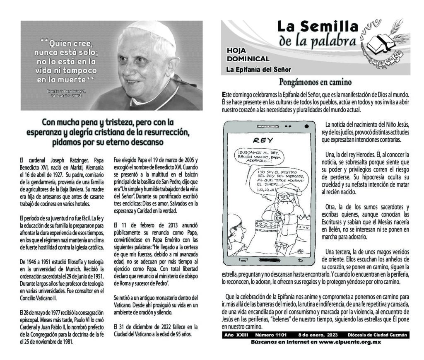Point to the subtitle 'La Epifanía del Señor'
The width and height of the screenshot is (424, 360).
click(258, 69)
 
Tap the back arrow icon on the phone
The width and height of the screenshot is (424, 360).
click(301, 260)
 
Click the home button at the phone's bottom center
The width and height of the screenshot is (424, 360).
click(270, 260)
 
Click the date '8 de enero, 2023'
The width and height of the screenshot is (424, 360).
click(318, 335)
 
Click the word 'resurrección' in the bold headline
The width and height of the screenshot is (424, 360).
click(165, 132)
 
